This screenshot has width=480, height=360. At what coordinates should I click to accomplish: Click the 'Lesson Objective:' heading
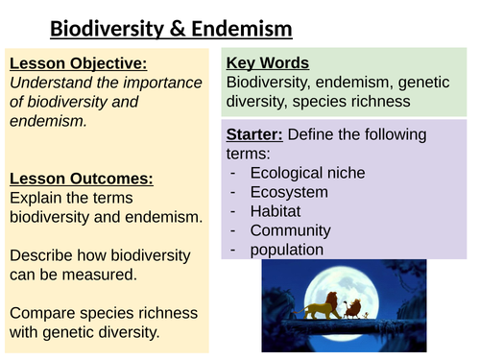pyautogui.click(x=78, y=63)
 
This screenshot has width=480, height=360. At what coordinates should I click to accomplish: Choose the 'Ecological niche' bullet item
pyautogui.click(x=307, y=173)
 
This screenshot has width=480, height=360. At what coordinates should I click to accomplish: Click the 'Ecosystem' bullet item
pyautogui.click(x=288, y=192)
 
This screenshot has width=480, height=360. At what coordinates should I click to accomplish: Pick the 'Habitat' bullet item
pyautogui.click(x=276, y=211)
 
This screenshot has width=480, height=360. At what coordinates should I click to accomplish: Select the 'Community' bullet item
pyautogui.click(x=290, y=230)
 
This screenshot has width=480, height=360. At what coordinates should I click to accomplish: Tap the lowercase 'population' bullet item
pyautogui.click(x=289, y=250)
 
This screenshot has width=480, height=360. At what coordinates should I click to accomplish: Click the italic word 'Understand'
pyautogui.click(x=50, y=83)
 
